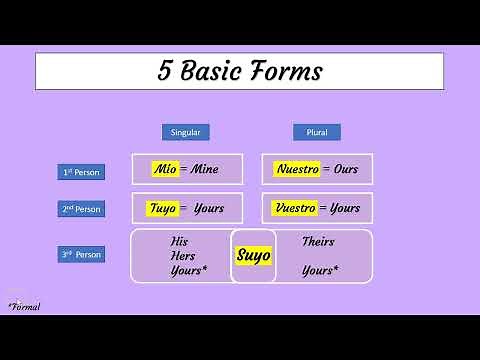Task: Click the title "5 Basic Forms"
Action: [239, 71]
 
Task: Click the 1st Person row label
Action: [81, 172]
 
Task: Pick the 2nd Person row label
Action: [81, 209]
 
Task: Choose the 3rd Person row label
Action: [81, 254]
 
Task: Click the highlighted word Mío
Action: [166, 169]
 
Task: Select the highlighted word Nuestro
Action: [296, 169]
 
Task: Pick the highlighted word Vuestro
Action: [296, 208]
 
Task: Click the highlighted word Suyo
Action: [253, 255]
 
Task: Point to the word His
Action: [179, 241]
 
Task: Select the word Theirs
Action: [318, 241]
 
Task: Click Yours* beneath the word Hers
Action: [189, 271]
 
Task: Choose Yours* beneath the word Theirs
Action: [320, 271]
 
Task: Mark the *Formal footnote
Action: [23, 305]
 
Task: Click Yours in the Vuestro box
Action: [345, 208]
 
